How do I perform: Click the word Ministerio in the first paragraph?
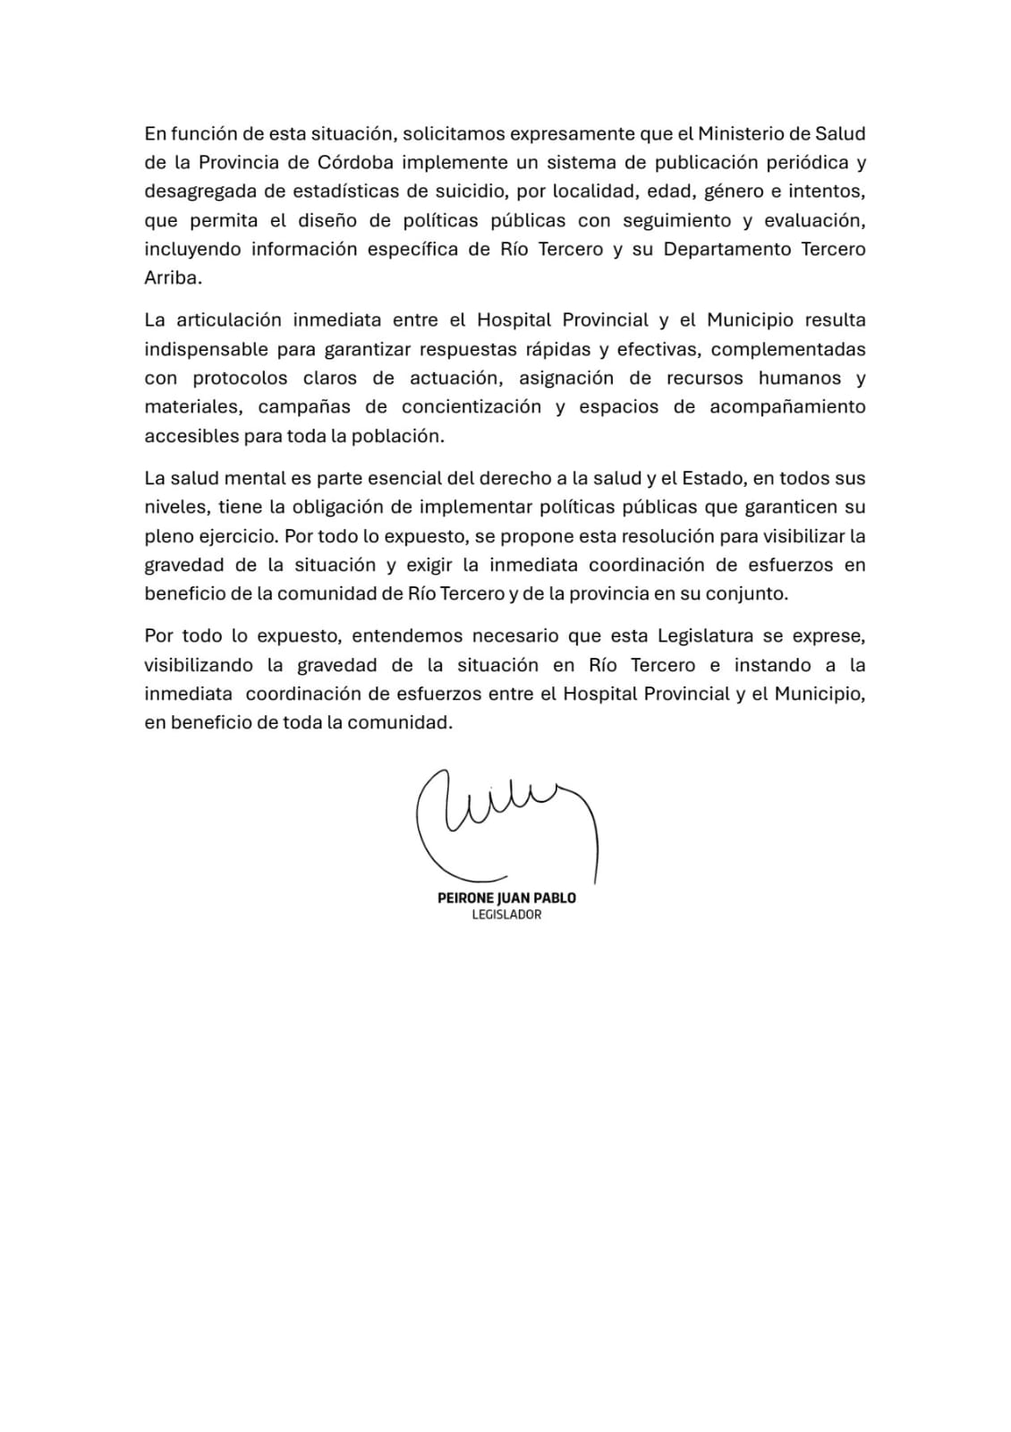(741, 133)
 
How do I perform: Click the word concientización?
(472, 406)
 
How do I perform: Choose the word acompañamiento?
(787, 406)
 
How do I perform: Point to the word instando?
(772, 665)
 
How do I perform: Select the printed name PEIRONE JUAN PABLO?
(506, 898)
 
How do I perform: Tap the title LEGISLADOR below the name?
(506, 915)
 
